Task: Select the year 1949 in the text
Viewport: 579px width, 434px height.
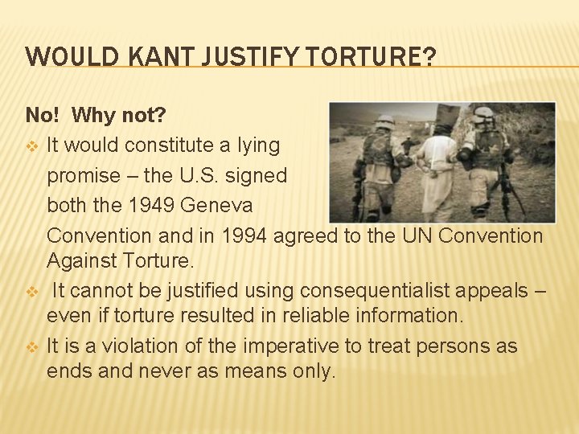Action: coord(152,205)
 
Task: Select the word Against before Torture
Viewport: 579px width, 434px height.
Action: coord(80,260)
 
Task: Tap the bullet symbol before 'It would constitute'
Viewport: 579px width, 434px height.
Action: coord(32,146)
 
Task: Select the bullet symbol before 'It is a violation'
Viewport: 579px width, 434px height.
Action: coord(32,347)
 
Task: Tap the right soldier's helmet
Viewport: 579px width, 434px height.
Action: coord(483,116)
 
